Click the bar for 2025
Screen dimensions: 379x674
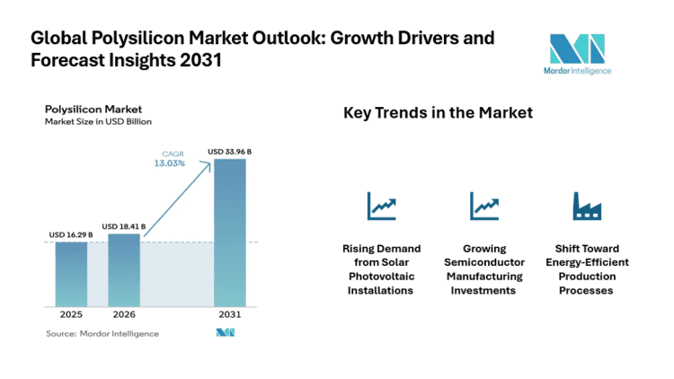pyautogui.click(x=71, y=275)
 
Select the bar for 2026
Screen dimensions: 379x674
pyautogui.click(x=124, y=270)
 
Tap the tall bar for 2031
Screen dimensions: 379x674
pyautogui.click(x=229, y=234)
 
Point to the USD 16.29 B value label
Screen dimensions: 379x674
pyautogui.click(x=70, y=235)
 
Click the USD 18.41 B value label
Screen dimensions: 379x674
pyautogui.click(x=123, y=225)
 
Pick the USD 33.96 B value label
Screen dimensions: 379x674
pyautogui.click(x=229, y=152)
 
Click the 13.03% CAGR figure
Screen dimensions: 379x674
pyautogui.click(x=171, y=163)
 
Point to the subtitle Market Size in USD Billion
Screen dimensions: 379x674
pyautogui.click(x=99, y=121)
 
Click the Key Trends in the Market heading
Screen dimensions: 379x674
pyautogui.click(x=438, y=113)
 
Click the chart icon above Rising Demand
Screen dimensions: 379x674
pyautogui.click(x=381, y=207)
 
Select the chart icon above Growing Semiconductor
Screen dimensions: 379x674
pyautogui.click(x=484, y=207)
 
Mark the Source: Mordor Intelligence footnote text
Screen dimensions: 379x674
pyautogui.click(x=102, y=333)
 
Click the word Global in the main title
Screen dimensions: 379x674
pyautogui.click(x=60, y=40)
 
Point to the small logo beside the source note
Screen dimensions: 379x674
pyautogui.click(x=225, y=333)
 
